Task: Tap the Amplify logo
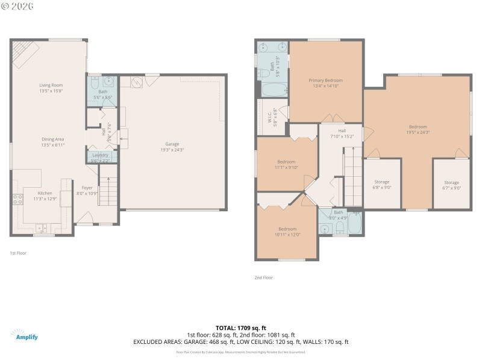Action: click(24, 335)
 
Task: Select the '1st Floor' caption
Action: click(18, 253)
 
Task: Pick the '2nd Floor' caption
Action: click(263, 278)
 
